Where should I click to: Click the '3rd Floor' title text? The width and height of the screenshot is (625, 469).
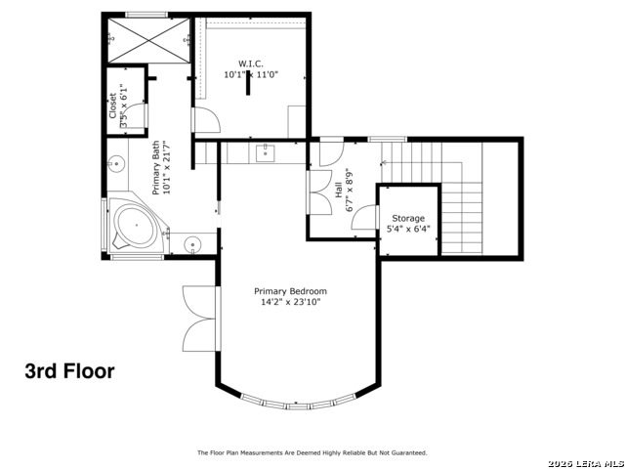tap(69, 371)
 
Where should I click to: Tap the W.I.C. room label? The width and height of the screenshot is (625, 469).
tap(251, 64)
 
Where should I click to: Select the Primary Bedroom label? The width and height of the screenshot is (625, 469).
tap(291, 291)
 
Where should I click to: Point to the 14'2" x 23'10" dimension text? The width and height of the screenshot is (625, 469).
tap(291, 302)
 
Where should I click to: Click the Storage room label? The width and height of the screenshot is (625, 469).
tap(408, 219)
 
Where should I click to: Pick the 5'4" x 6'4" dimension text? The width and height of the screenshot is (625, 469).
tap(408, 229)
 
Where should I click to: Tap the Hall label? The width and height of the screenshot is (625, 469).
tap(339, 191)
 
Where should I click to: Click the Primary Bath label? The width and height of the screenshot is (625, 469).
tap(156, 167)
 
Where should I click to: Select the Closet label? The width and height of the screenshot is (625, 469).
tap(113, 106)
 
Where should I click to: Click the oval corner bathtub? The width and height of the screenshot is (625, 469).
tap(137, 226)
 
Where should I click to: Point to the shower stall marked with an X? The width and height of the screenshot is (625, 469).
tap(149, 40)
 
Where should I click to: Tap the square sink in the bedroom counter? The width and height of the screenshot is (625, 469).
tap(265, 153)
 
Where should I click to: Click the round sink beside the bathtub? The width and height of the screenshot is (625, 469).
tap(193, 243)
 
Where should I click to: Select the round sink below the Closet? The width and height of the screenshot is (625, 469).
tap(116, 163)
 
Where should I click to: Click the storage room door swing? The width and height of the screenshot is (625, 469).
tap(363, 217)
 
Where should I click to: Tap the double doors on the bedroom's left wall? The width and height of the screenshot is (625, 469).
tap(199, 320)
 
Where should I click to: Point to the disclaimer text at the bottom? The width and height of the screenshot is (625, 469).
tap(312, 452)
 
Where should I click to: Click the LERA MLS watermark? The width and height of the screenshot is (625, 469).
tap(586, 464)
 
